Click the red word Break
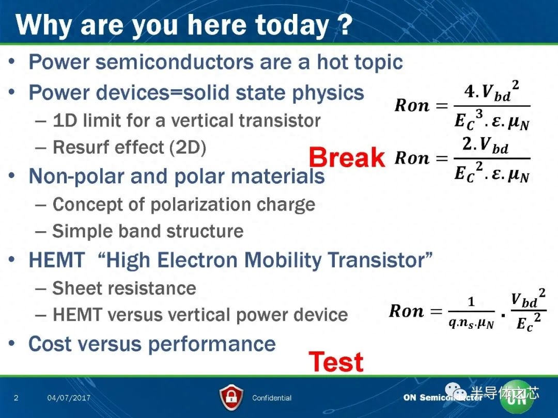pyautogui.click(x=347, y=157)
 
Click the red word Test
pyautogui.click(x=336, y=362)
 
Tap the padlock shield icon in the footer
pyautogui.click(x=231, y=397)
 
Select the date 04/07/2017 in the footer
pyautogui.click(x=69, y=398)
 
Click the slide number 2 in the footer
pyautogui.click(x=16, y=398)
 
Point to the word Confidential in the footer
pyautogui.click(x=272, y=398)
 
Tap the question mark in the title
pyautogui.click(x=344, y=24)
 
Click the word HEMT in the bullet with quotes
pyautogui.click(x=57, y=260)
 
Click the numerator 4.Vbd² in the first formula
pyautogui.click(x=491, y=91)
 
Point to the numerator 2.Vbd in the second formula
pyautogui.click(x=485, y=144)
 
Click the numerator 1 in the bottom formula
pyautogui.click(x=471, y=302)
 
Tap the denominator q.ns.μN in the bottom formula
pyautogui.click(x=471, y=323)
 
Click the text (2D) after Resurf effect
pyautogui.click(x=188, y=147)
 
